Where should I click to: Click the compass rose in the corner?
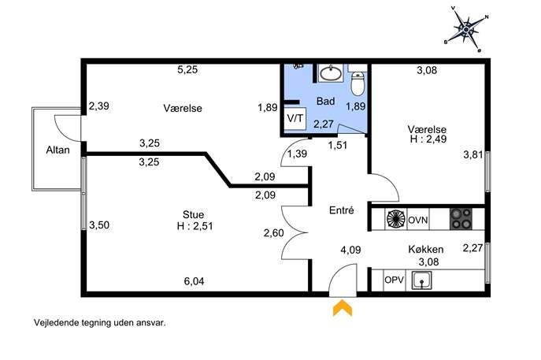466,30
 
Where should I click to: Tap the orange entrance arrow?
343,308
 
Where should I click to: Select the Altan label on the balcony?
58,150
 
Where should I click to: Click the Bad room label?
326,101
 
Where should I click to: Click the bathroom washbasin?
332,72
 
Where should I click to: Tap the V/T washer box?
295,119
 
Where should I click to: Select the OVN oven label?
418,220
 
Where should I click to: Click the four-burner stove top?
461,219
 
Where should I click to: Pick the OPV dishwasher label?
394,280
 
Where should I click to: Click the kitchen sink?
421,280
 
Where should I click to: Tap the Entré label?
342,210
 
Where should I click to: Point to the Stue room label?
193,215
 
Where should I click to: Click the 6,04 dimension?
194,281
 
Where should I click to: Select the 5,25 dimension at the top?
187,70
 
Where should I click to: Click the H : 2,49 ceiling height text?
428,139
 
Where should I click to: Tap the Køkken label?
426,249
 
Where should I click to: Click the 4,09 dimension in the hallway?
350,250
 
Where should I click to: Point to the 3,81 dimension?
473,154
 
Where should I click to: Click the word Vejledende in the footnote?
56,323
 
